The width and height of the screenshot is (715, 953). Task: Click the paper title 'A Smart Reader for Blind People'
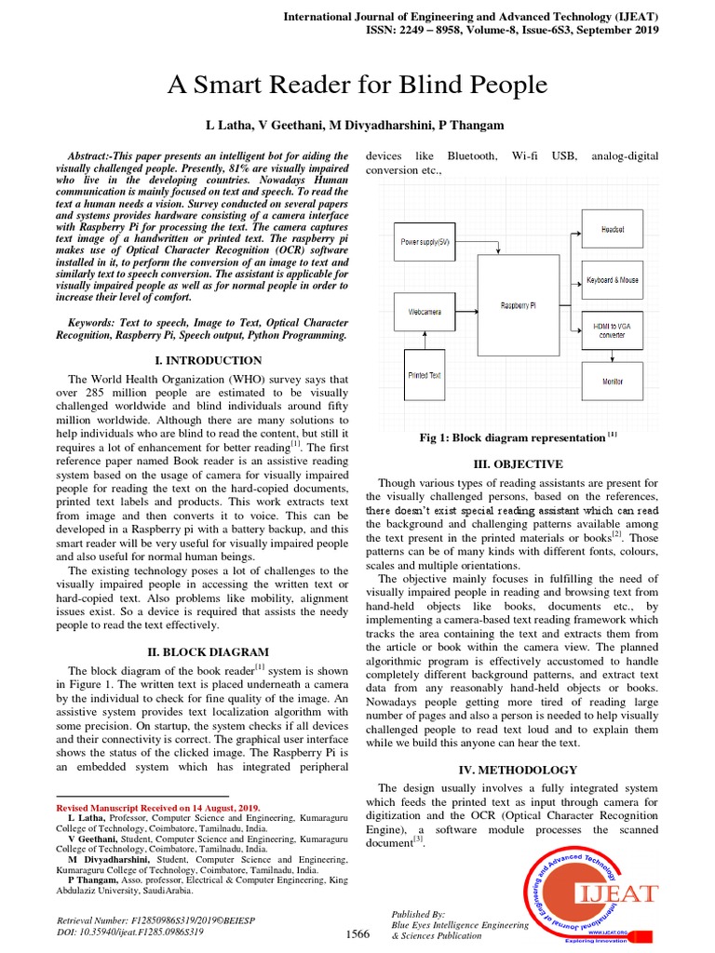357,87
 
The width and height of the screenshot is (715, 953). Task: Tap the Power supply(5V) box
425,241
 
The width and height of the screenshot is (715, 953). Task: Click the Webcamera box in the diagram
425,312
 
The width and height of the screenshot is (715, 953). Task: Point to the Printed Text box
425,375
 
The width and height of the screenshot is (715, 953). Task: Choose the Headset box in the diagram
612,228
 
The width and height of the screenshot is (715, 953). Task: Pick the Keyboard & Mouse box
612,279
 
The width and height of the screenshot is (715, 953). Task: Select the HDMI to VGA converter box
612,329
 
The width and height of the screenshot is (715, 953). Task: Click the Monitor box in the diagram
612,381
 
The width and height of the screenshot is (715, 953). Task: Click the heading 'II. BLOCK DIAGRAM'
209,651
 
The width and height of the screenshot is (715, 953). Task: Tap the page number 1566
357,933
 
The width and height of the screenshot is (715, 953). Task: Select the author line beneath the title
357,125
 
